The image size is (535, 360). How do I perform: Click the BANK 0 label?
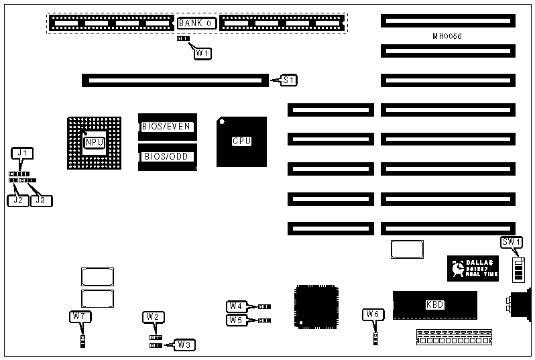[x=196, y=23]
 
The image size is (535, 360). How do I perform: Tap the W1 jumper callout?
[x=203, y=53]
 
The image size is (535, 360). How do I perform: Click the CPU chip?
[x=241, y=141]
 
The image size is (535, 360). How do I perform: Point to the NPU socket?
[x=94, y=142]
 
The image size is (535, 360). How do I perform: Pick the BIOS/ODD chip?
[x=168, y=157]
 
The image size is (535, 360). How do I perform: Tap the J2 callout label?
[x=18, y=199]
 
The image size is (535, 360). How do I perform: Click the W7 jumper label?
[x=80, y=316]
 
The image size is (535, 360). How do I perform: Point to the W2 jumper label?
[x=153, y=316]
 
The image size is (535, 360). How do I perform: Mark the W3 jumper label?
[x=184, y=345]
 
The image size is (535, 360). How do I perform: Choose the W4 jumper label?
[x=236, y=306]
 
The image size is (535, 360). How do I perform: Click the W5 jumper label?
[x=236, y=320]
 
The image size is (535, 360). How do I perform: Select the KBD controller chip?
[x=434, y=305]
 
